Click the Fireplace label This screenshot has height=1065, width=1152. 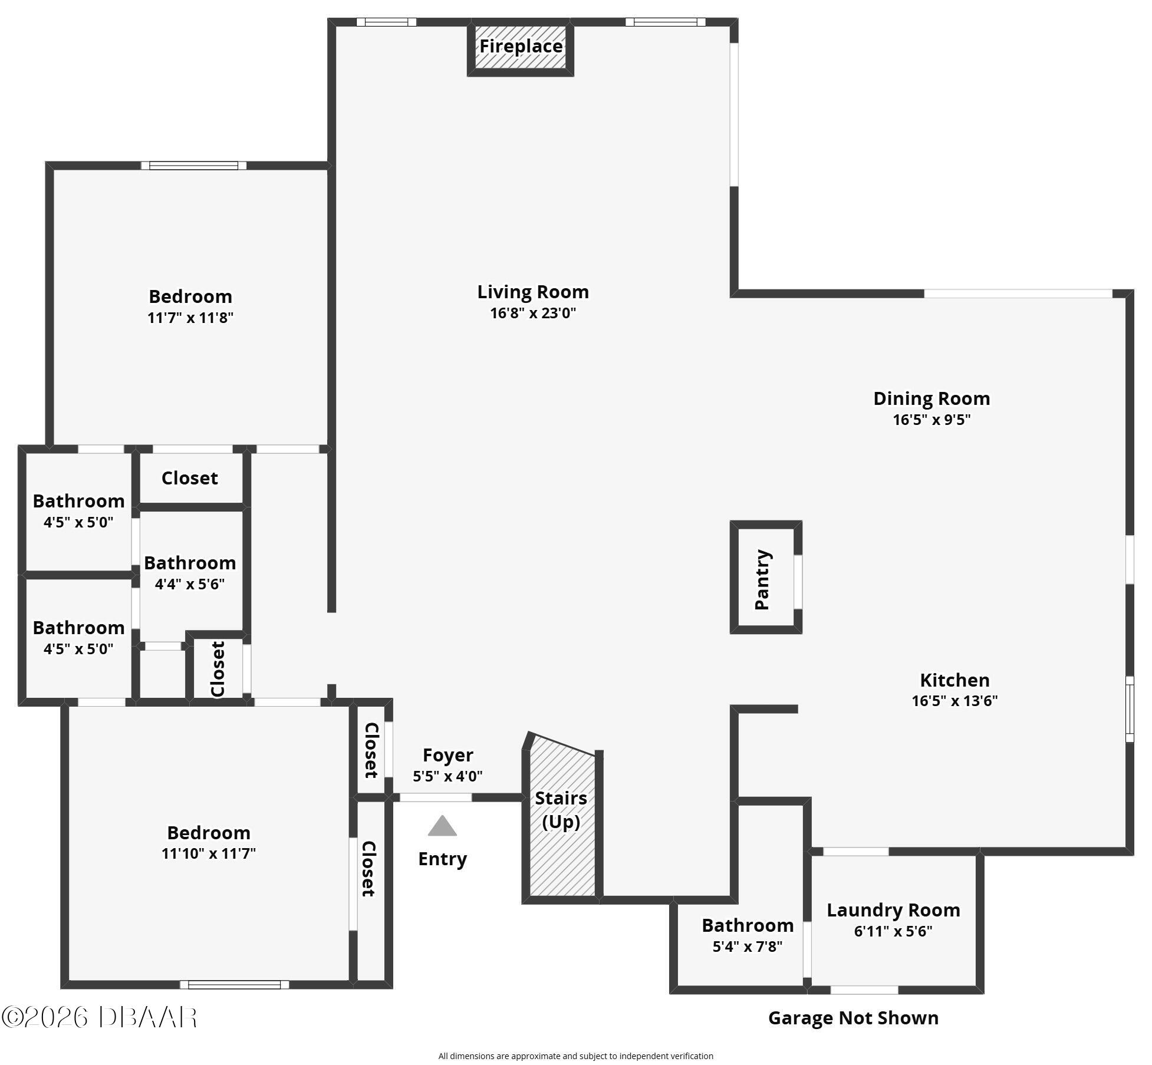coord(521,46)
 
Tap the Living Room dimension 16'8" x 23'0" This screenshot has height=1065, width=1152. coord(533,313)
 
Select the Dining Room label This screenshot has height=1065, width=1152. coord(932,398)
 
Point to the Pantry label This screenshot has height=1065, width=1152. coord(762,579)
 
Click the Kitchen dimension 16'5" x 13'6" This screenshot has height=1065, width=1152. coord(954,701)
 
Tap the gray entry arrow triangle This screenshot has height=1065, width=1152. coord(442,826)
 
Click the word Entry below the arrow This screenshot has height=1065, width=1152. coord(442,859)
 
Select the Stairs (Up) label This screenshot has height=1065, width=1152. coord(561,810)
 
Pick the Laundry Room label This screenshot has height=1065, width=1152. coord(893,910)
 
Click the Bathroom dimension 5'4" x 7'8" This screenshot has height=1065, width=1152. coord(748,947)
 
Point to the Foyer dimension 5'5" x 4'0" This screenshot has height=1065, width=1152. coord(447,776)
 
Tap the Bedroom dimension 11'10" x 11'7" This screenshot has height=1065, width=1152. coord(209,853)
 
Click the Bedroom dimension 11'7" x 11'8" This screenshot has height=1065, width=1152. coord(190,318)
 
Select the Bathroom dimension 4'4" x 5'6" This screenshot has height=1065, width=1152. coord(190,584)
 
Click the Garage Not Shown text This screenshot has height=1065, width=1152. coord(853,1018)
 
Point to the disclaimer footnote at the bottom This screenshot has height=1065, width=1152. coord(575,1056)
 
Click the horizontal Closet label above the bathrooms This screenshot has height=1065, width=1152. coord(190,478)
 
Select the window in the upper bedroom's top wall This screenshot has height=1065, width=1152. coord(193,166)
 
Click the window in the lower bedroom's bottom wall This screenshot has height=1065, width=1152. coord(234,984)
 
